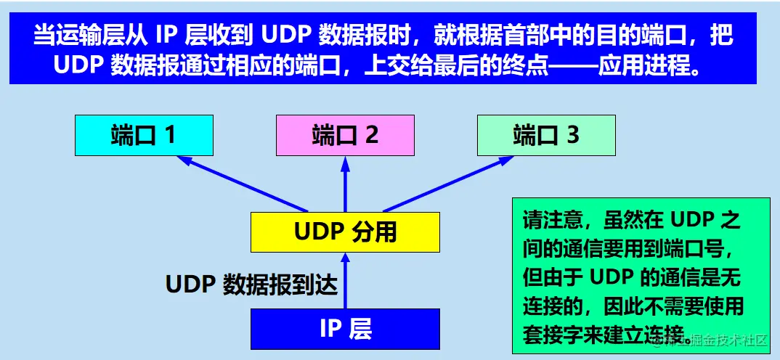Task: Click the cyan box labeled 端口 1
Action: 144,135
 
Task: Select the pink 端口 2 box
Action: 345,135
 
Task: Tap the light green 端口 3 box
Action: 546,135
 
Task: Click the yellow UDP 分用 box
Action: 345,232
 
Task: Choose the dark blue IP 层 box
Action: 345,329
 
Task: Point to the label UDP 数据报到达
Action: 252,284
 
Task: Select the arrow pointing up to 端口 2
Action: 345,185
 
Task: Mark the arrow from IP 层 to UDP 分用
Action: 346,279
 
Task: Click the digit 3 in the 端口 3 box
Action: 573,135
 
